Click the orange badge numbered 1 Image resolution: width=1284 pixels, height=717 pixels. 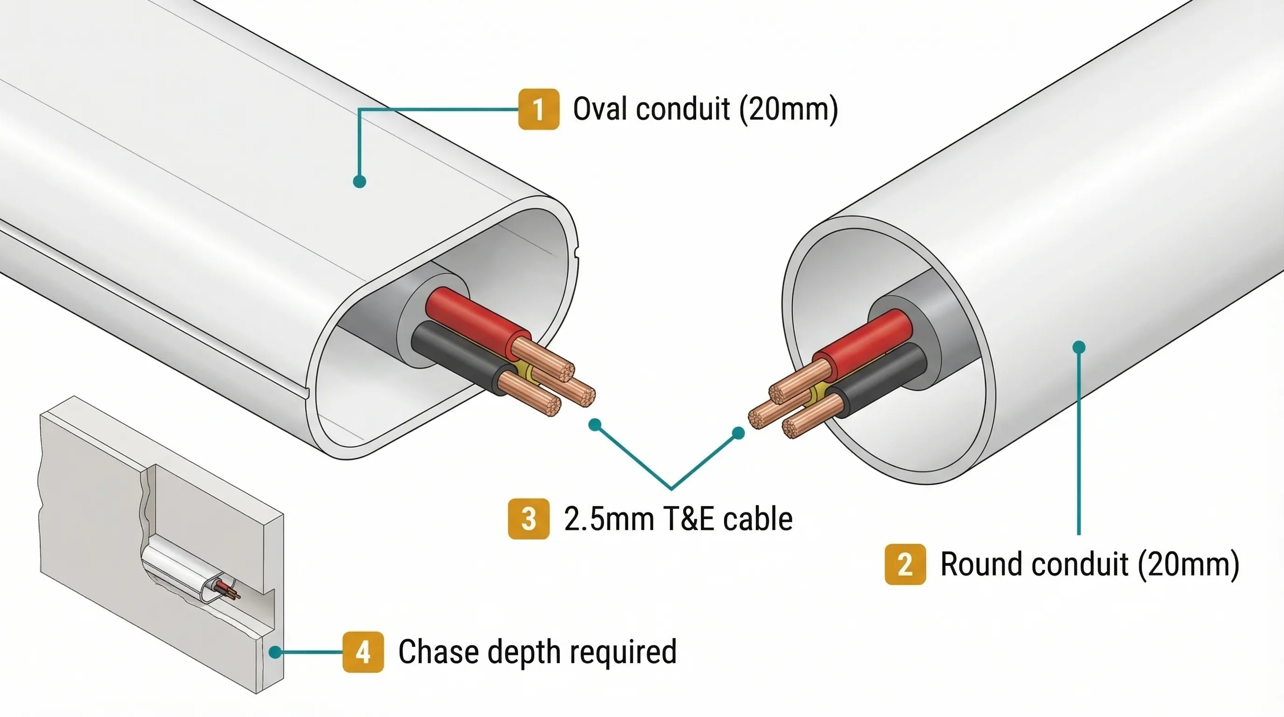coord(538,109)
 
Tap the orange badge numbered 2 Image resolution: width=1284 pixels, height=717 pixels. coord(905,564)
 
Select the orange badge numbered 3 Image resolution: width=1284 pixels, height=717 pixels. coord(528,519)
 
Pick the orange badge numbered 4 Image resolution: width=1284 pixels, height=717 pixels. coord(363,652)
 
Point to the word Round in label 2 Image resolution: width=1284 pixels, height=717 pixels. coord(982,564)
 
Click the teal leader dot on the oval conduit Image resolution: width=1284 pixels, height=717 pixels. coord(359,182)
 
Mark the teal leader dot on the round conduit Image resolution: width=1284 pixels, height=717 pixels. coord(1079,347)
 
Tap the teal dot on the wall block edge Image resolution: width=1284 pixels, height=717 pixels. coord(275,652)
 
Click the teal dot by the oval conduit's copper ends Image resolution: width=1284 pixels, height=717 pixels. coord(594,425)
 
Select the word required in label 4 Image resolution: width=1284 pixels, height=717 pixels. coord(628,652)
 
